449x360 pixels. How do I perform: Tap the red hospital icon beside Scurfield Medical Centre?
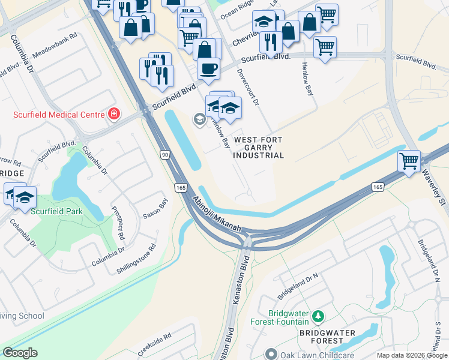[113, 114]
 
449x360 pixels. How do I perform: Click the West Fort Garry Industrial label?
[259, 148]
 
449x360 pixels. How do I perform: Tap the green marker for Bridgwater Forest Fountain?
[319, 316]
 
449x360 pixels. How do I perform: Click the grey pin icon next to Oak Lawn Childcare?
[272, 355]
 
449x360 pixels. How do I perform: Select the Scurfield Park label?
[58, 211]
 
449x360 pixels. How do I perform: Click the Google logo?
[20, 353]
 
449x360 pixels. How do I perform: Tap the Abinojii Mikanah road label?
[217, 215]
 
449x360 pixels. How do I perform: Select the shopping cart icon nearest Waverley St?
[409, 161]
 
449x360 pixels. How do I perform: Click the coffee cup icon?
[208, 68]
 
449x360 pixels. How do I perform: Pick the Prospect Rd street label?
[118, 221]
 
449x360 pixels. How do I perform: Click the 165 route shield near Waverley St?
[377, 187]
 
